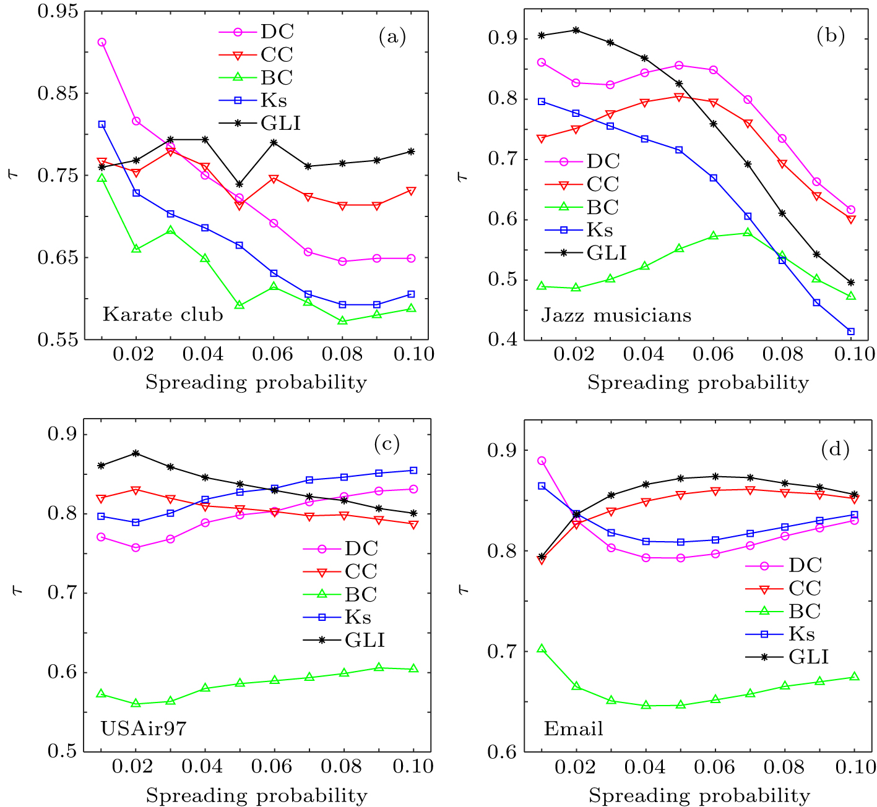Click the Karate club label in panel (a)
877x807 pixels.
(x=162, y=314)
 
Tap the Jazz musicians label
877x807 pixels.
(x=616, y=315)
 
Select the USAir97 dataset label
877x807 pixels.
(x=143, y=728)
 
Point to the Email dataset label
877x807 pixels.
(x=573, y=728)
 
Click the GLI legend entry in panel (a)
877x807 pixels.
(x=280, y=124)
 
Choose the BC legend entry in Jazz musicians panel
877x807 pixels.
(x=602, y=207)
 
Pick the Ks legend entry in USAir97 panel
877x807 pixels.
(x=358, y=617)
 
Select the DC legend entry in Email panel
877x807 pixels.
(x=805, y=565)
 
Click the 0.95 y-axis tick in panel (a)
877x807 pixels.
(x=58, y=11)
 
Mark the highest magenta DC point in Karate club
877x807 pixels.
(x=102, y=42)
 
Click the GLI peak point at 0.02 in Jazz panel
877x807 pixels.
(x=576, y=30)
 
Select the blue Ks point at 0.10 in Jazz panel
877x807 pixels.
(x=850, y=331)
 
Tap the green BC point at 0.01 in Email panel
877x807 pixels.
(x=542, y=649)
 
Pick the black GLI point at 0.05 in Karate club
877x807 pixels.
(x=239, y=184)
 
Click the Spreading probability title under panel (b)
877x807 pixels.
(x=698, y=383)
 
